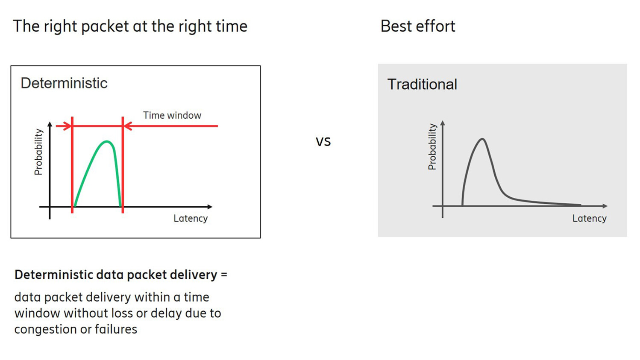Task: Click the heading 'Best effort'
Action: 417,26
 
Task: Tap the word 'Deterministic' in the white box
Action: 64,83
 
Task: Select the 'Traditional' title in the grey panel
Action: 422,85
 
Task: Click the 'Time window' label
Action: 172,115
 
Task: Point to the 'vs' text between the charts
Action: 323,141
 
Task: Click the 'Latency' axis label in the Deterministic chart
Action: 191,218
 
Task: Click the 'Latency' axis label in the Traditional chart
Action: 589,218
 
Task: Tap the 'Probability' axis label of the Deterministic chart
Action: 38,152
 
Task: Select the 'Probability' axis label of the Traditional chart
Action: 432,147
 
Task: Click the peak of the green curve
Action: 107,141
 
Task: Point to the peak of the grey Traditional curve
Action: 482,139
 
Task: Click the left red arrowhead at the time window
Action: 67,126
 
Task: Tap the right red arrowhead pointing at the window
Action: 128,126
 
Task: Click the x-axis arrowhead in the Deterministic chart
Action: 209,207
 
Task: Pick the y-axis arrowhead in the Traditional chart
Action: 443,123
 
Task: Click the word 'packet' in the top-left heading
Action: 105,26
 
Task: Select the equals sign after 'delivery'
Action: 224,275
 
